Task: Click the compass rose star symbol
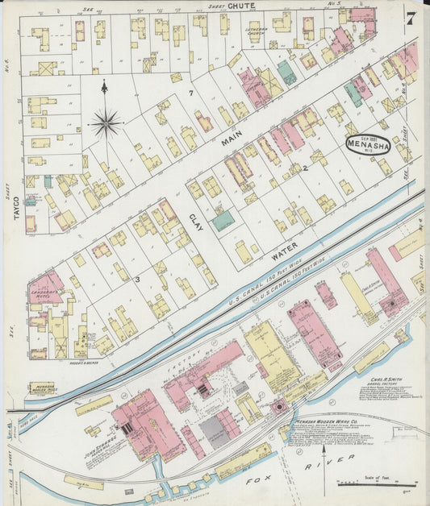pyautogui.click(x=104, y=123)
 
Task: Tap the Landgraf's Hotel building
pyautogui.click(x=44, y=287)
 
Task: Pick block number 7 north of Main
pyautogui.click(x=191, y=94)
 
